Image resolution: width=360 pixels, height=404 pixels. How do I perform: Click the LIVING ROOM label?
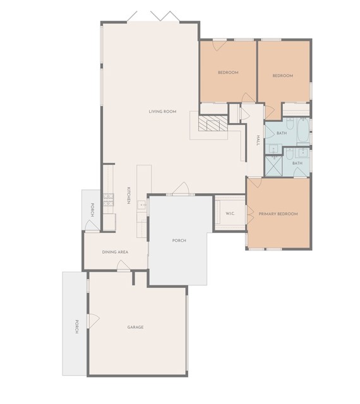tap(162, 112)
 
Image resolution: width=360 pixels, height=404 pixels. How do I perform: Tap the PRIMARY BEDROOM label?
tap(278, 214)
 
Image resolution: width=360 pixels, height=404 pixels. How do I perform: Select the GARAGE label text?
tap(135, 327)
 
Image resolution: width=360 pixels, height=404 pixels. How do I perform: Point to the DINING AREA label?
tap(115, 252)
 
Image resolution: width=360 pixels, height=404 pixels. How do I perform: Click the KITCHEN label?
tap(128, 195)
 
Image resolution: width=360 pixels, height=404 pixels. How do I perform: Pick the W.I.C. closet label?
tap(230, 213)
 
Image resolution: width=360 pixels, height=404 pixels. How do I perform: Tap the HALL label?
tap(258, 140)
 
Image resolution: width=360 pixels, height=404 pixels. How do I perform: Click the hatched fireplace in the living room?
tap(213, 123)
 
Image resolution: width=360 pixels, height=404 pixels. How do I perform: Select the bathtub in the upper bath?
tap(303, 131)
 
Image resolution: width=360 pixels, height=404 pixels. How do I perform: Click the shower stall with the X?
tap(274, 166)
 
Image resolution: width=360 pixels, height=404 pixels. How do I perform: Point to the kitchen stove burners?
tap(108, 200)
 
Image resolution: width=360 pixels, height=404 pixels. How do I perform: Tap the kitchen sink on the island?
tap(142, 205)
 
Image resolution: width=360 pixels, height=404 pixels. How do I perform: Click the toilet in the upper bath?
tap(290, 123)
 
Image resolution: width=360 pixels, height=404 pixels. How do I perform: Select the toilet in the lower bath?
tap(289, 153)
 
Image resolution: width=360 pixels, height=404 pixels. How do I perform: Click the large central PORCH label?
tap(179, 241)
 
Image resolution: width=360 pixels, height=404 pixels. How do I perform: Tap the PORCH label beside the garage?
tap(76, 326)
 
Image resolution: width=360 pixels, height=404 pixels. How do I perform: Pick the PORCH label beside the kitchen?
tap(92, 210)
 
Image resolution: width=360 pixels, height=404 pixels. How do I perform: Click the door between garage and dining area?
tap(123, 265)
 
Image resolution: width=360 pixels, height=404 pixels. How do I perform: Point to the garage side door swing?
tap(93, 321)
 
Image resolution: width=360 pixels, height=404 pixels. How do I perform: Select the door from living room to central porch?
tap(181, 188)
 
